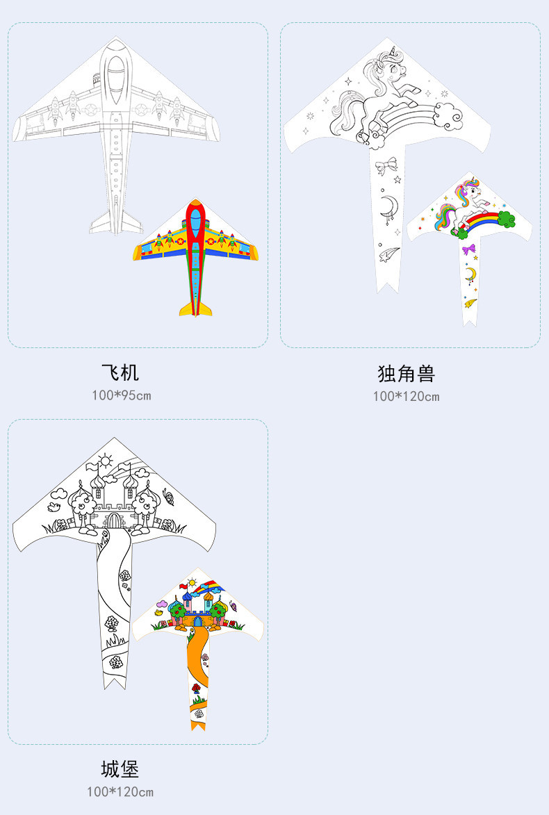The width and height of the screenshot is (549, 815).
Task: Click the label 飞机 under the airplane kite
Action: [x=120, y=372]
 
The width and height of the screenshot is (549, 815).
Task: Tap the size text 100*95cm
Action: [x=121, y=395]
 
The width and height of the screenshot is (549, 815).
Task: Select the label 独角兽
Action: [x=406, y=374]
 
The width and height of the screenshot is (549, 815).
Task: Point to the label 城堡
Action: [x=120, y=769]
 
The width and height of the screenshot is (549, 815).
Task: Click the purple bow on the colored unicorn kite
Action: [x=470, y=249]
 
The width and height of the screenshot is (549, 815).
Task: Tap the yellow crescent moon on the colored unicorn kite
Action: [x=470, y=274]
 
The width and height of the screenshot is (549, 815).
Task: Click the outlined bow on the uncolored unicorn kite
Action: [x=386, y=165]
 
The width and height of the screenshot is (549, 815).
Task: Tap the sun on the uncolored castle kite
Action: [x=105, y=459]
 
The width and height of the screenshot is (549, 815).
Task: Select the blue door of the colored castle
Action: [x=198, y=621]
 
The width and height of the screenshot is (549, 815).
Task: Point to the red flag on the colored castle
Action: [x=184, y=586]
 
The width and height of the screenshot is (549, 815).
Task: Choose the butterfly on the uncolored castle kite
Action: [x=167, y=496]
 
